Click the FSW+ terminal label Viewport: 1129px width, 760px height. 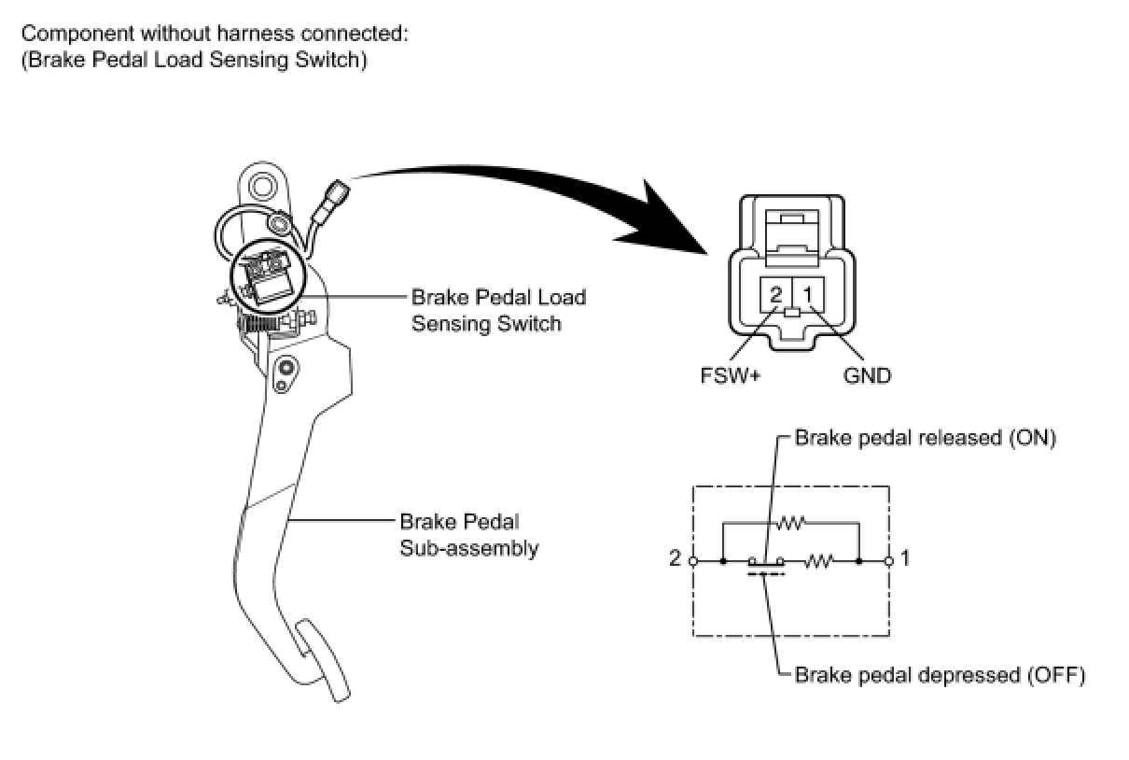731,375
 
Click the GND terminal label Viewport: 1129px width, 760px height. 867,375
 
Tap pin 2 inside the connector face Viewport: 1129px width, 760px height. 776,294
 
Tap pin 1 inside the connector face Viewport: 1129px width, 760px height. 808,294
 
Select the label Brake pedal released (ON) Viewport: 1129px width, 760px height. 926,438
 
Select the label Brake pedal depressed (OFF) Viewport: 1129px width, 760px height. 940,675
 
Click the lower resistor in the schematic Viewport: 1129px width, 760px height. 818,560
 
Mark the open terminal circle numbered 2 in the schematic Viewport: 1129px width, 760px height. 693,561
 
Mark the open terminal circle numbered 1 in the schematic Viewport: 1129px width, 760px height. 889,561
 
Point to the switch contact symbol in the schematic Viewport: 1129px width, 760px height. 766,565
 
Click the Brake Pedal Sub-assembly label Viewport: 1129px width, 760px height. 468,535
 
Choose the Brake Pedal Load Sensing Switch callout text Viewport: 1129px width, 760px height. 498,310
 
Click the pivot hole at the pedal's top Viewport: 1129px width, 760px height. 261,186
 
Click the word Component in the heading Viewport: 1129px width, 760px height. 77,35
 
